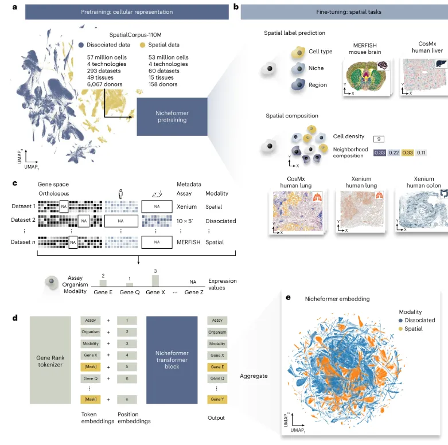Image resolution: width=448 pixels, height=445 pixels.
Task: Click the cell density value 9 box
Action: (x=378, y=138)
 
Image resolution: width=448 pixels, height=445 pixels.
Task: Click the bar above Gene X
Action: (x=154, y=280)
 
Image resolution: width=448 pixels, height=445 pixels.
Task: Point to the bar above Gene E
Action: (x=103, y=283)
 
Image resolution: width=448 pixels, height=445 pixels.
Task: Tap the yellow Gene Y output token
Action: (x=217, y=398)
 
